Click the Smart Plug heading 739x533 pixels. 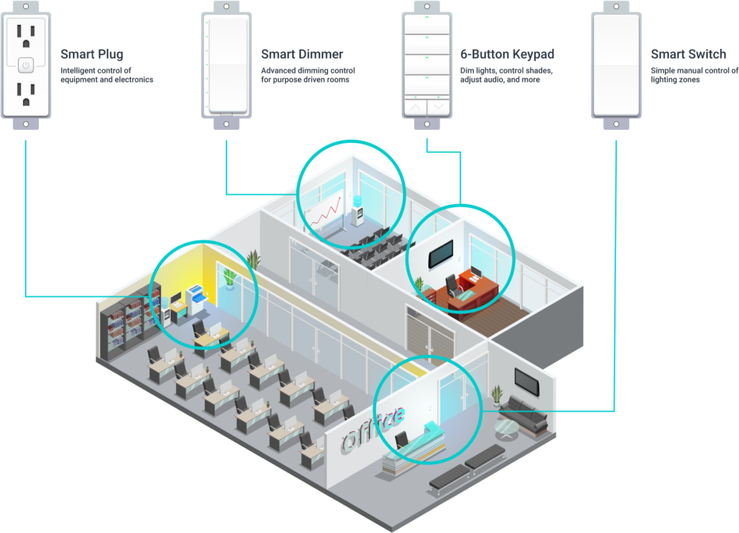click(92, 55)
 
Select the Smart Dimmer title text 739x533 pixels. click(302, 55)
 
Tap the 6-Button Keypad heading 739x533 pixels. click(507, 55)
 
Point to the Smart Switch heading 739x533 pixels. click(688, 55)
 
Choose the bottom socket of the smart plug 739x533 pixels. click(25, 93)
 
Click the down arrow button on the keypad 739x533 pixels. click(438, 107)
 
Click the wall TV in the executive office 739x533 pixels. click(440, 254)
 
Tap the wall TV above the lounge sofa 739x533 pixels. click(527, 382)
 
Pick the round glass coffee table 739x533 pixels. click(506, 428)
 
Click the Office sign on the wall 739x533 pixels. click(372, 428)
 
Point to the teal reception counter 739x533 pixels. click(413, 447)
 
